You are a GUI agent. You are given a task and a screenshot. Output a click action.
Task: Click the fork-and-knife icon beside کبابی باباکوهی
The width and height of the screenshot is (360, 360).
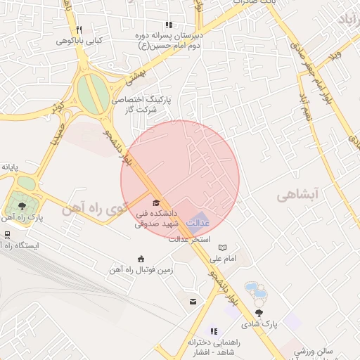click(79, 30)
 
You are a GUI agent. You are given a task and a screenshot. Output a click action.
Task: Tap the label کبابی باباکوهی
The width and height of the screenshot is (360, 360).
click(79, 41)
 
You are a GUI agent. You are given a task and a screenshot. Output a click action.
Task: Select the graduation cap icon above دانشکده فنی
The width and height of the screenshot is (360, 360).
click(155, 203)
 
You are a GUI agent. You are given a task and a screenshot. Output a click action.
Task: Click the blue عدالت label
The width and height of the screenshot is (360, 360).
click(202, 222)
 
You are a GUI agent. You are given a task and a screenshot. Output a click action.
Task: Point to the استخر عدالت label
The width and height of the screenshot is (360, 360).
click(190, 239)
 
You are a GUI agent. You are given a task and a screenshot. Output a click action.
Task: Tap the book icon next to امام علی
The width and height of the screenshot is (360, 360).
click(223, 248)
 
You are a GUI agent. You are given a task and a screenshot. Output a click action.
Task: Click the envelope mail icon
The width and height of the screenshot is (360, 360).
click(192, 302)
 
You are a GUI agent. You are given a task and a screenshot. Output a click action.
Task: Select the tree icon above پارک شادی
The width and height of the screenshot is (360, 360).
click(260, 313)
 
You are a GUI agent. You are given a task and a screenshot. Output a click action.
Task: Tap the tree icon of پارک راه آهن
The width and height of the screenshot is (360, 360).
click(22, 206)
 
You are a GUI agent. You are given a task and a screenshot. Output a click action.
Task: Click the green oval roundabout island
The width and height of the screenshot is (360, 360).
click(90, 94)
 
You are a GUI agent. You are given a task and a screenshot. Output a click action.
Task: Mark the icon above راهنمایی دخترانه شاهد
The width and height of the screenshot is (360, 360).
click(214, 330)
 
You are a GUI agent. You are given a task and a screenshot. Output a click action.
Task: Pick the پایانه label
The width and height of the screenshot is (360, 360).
click(9, 167)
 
